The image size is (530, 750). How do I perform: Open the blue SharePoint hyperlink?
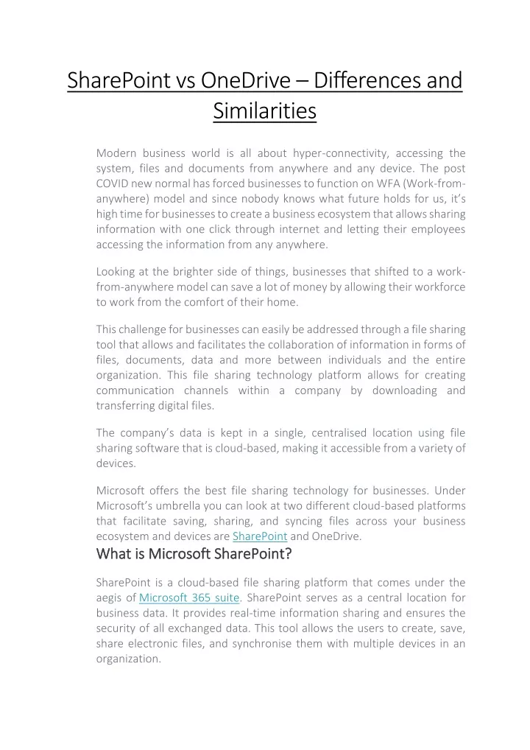(x=259, y=536)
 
